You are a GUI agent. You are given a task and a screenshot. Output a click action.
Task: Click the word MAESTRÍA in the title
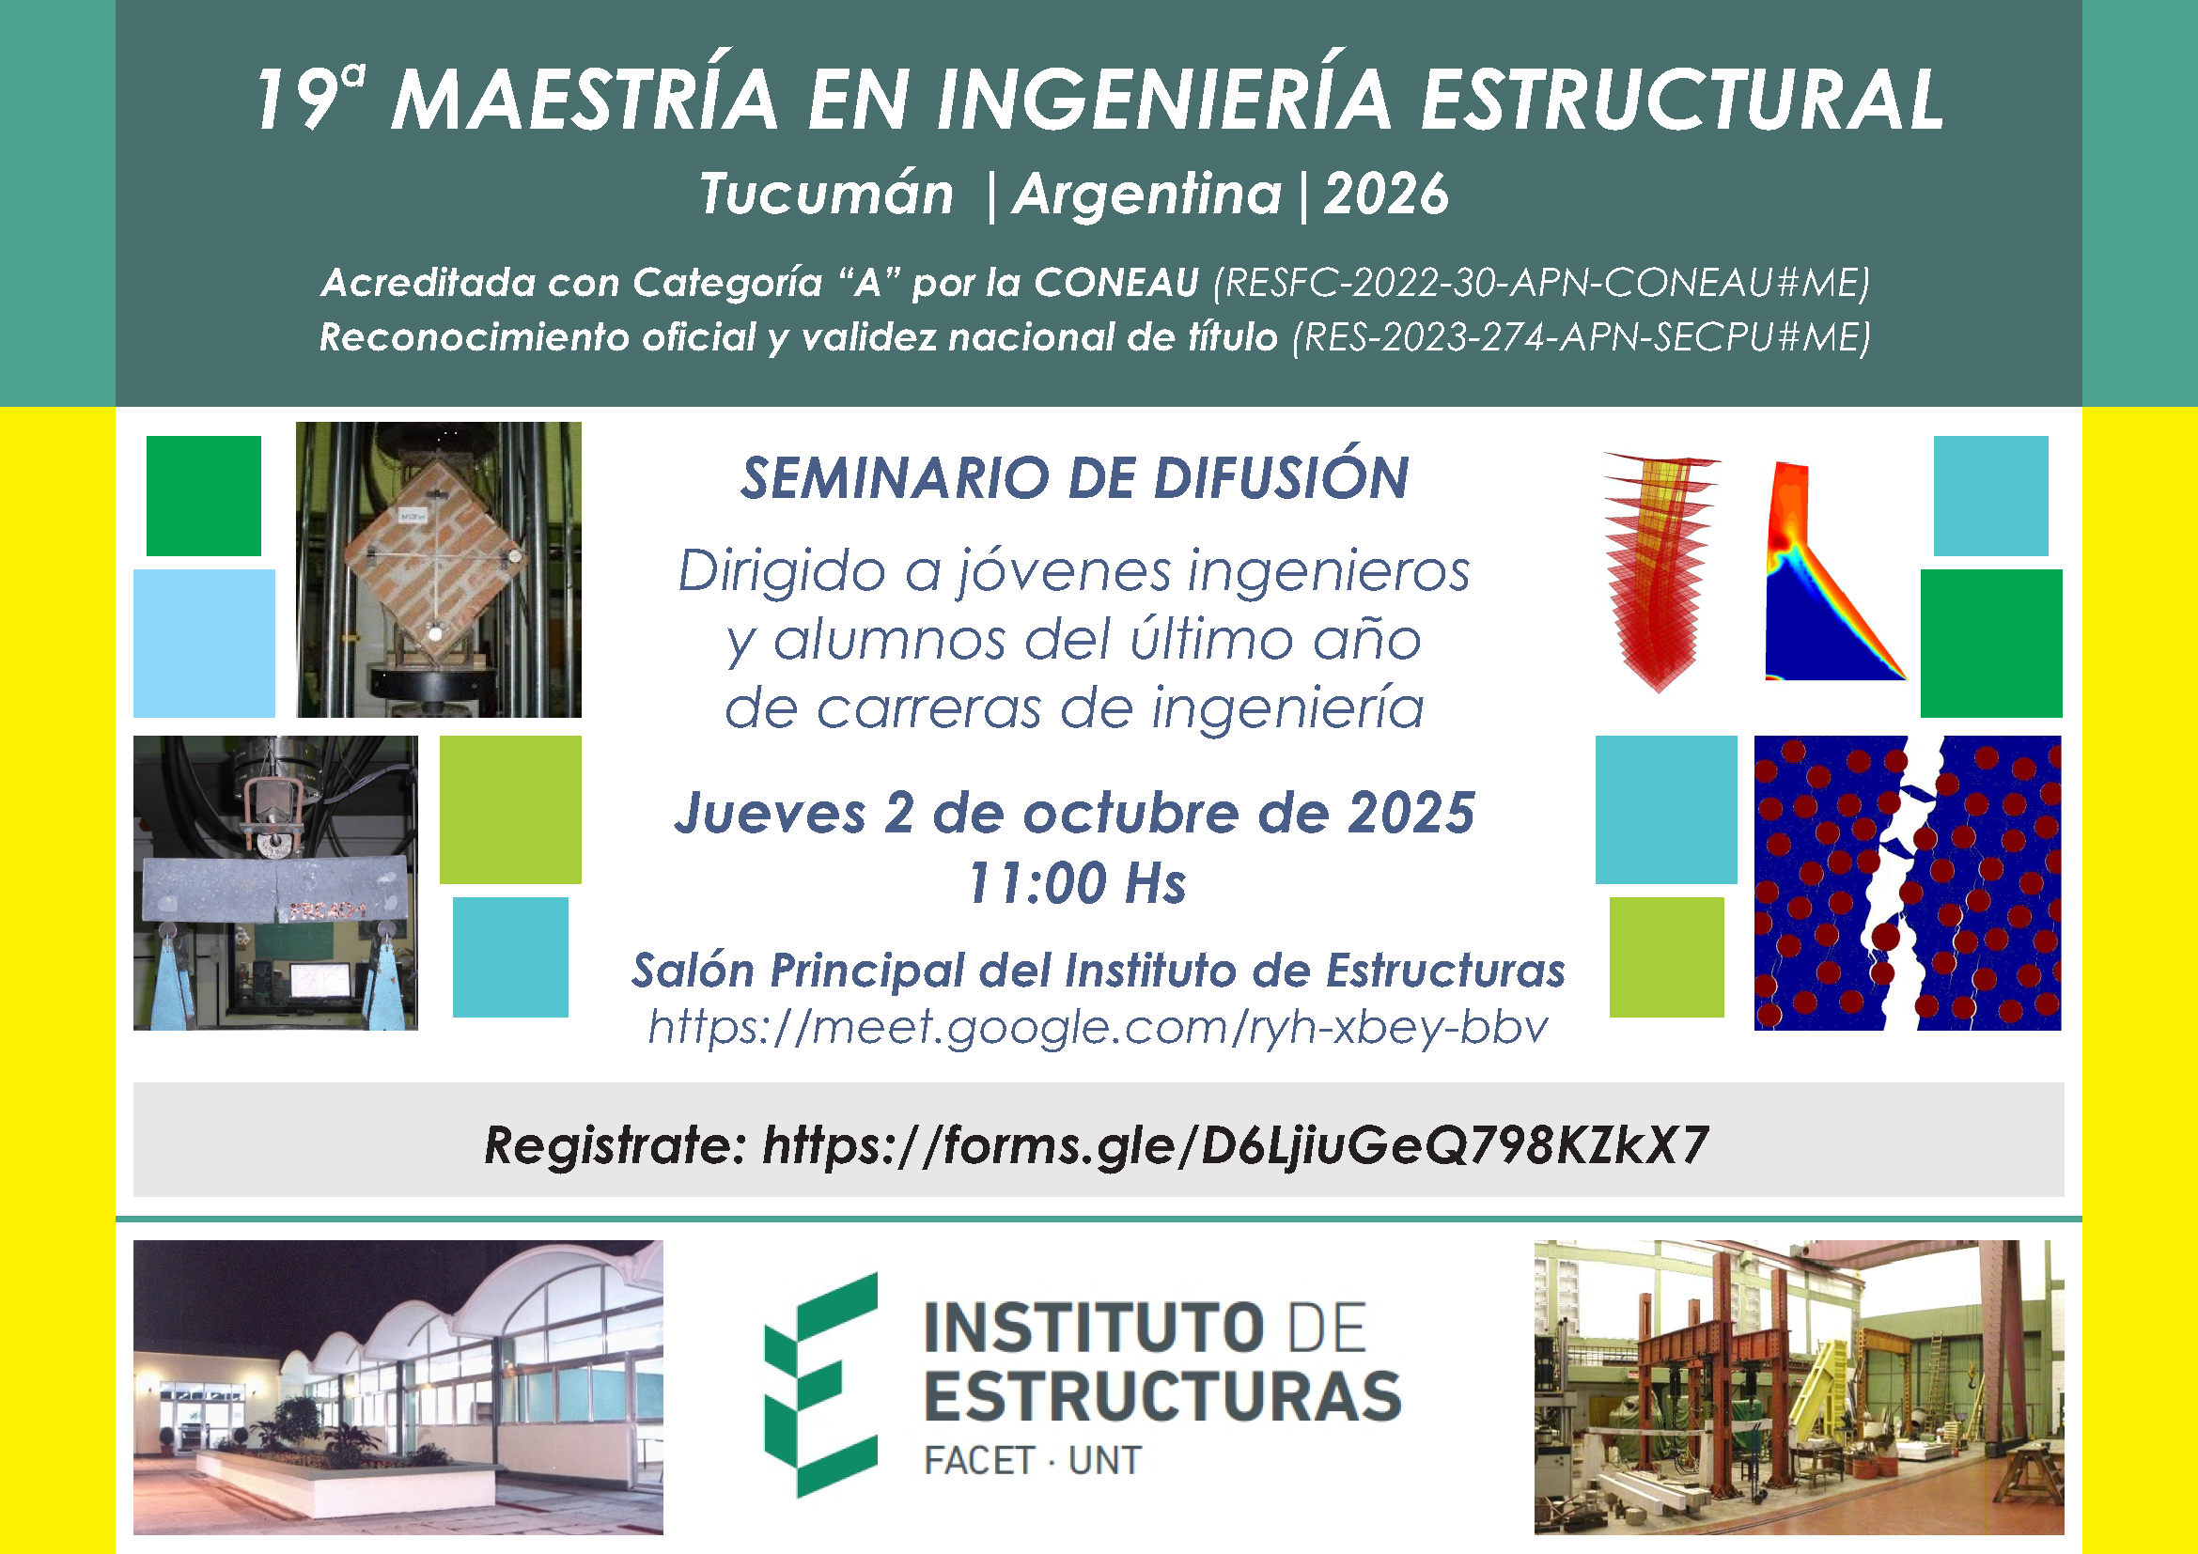point(585,100)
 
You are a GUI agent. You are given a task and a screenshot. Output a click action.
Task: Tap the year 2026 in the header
point(1386,194)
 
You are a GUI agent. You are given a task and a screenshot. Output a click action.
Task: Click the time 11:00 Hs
point(1077,882)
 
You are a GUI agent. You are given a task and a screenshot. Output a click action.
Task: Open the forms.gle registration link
point(1235,1145)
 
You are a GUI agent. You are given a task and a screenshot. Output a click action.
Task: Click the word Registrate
point(614,1145)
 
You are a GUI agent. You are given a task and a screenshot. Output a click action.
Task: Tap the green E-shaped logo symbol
point(820,1385)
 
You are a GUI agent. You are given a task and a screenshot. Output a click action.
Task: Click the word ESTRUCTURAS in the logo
point(1162,1396)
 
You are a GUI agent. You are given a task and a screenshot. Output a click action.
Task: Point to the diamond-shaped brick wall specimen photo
point(439,569)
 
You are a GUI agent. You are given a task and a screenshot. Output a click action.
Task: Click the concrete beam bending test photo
point(275,882)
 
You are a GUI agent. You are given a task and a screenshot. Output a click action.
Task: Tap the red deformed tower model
point(1660,571)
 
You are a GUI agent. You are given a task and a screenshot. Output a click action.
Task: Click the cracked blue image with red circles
point(1907,882)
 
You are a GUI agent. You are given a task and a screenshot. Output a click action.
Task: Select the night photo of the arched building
point(398,1388)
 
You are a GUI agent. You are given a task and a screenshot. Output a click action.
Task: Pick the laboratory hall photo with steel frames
point(1799,1388)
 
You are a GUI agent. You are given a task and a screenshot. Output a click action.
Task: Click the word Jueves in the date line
point(771,814)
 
